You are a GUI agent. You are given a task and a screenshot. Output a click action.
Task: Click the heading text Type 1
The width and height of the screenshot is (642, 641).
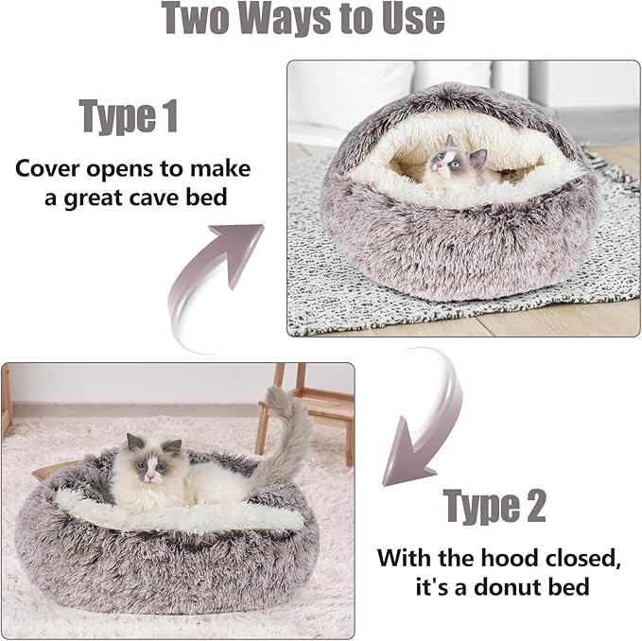[129, 116]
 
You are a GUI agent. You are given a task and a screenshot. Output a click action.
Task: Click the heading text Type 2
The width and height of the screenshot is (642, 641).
[495, 506]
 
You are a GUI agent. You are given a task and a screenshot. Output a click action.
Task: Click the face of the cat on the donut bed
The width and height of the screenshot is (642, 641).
[147, 461]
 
